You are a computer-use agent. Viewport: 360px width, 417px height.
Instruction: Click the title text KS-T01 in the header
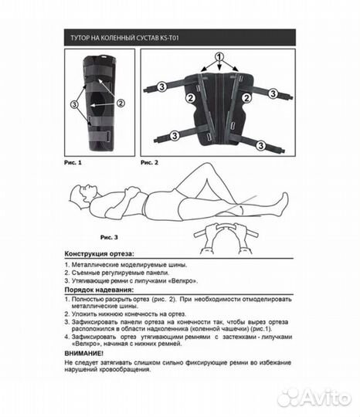point(169,38)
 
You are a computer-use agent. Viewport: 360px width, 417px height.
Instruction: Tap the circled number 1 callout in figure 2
point(219,57)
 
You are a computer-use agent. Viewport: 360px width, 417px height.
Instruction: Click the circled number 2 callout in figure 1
point(121,103)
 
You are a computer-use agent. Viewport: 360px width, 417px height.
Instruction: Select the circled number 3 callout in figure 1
point(74,104)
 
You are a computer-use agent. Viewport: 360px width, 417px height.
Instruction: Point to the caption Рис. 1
point(73,162)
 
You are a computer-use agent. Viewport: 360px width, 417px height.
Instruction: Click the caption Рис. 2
point(149,162)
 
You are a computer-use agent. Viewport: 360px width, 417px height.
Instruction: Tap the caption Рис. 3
point(109,237)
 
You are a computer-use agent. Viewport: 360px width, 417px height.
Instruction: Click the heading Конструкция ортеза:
point(99,254)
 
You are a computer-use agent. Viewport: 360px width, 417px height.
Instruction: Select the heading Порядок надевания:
point(99,290)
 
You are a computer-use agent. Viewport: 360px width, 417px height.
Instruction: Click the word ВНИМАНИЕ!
point(83,354)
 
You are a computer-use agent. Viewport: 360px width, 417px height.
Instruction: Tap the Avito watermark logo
point(314,398)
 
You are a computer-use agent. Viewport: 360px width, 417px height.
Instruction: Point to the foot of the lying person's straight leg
point(283,204)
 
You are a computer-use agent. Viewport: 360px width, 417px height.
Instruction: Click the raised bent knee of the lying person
point(205,168)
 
